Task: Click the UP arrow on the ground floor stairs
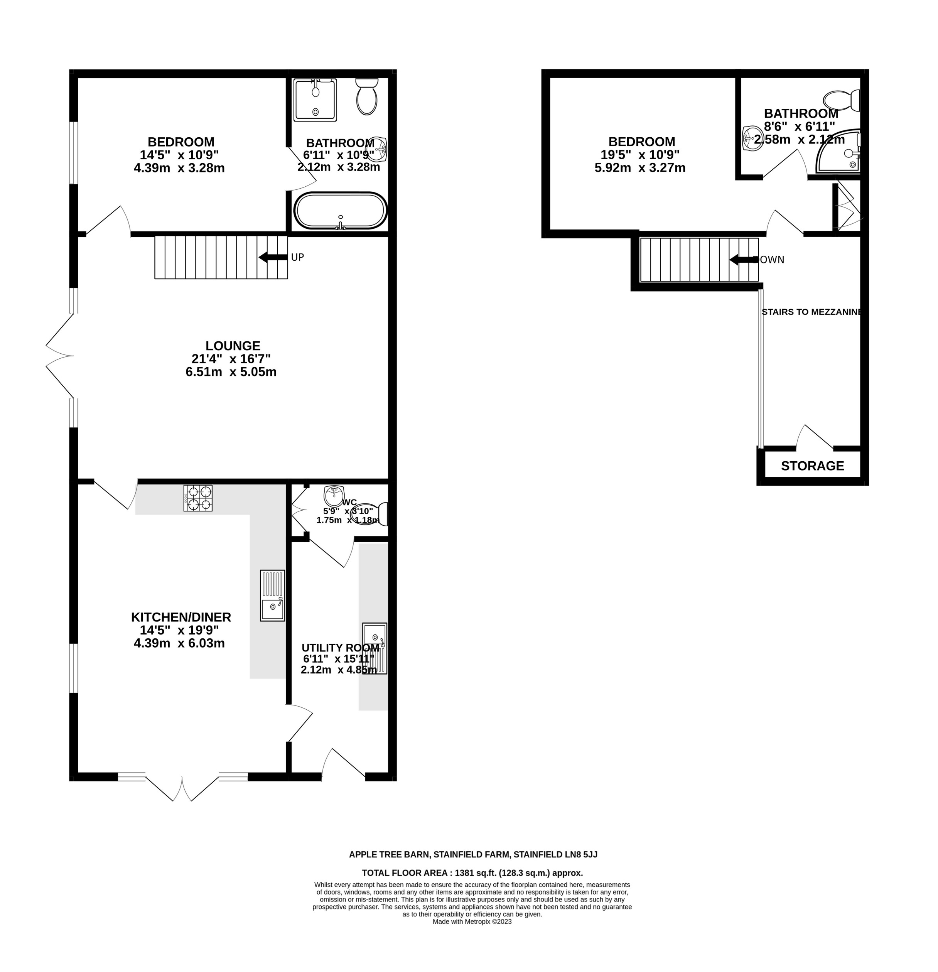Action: click(273, 257)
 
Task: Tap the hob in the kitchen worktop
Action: click(198, 498)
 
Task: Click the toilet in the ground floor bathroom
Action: click(367, 97)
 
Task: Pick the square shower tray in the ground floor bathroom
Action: click(315, 100)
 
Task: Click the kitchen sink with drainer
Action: click(272, 595)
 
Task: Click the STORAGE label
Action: click(812, 466)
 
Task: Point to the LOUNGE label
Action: click(233, 346)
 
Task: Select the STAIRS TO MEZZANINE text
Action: click(811, 312)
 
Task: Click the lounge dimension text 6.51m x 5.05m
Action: click(231, 372)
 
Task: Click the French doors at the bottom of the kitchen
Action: click(182, 786)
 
